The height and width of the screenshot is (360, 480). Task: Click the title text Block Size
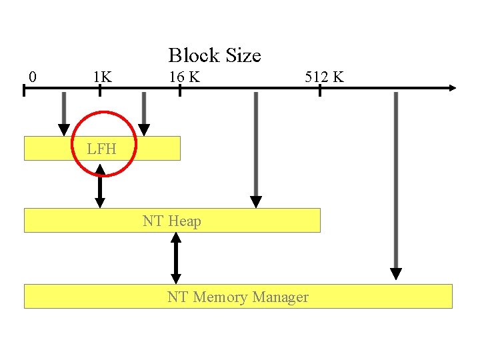214,55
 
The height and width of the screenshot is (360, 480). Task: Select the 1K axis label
102,77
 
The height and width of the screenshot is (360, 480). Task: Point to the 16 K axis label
184,77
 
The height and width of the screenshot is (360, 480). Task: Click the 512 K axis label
324,77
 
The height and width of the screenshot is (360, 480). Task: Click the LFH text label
101,149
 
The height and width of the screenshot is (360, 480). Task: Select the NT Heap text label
171,221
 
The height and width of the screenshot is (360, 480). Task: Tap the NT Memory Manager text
238,297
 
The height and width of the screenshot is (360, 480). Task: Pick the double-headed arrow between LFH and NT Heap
100,187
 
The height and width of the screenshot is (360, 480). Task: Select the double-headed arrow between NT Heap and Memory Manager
176,259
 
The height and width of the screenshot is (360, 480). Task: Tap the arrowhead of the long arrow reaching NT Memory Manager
396,273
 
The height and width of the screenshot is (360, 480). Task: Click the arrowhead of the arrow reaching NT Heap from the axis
256,201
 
